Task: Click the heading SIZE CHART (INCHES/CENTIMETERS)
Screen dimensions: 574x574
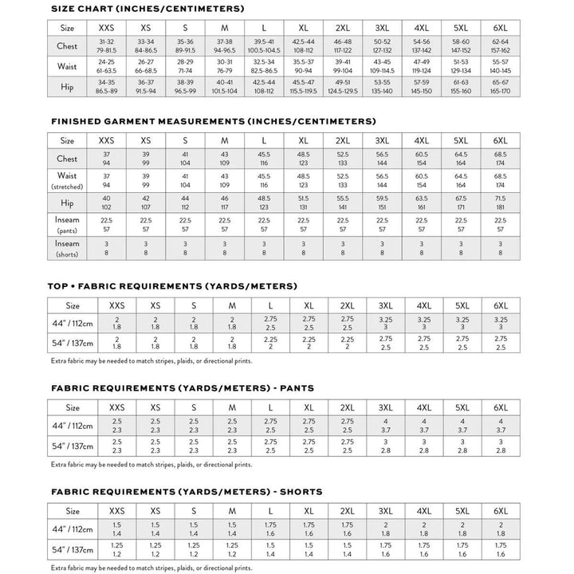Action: point(147,8)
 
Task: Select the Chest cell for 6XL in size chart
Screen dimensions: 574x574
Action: point(501,46)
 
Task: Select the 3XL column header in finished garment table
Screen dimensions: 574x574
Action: point(384,140)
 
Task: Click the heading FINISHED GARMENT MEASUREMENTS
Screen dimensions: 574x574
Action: point(213,121)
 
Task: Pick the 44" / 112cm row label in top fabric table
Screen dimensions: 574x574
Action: point(73,322)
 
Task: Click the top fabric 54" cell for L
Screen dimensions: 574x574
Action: point(270,343)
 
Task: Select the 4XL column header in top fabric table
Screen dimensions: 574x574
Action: point(423,305)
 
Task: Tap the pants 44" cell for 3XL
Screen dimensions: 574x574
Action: point(385,425)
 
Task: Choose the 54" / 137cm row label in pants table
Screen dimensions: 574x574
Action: point(73,446)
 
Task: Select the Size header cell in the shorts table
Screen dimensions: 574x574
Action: point(73,509)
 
